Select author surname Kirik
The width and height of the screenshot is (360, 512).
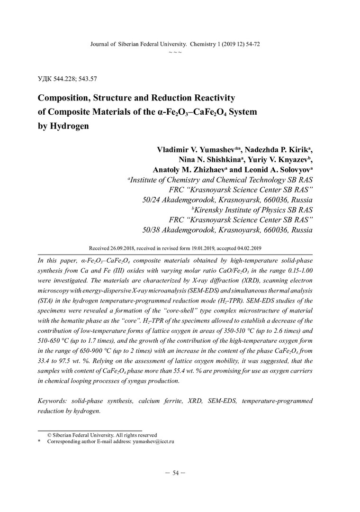pos(298,149)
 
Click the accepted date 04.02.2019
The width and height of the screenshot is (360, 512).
pos(250,248)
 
